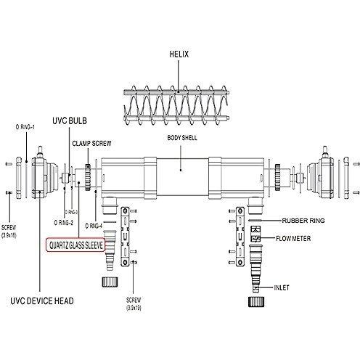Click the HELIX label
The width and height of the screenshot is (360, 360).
[x=179, y=54]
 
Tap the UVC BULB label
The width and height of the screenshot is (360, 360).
[x=70, y=120]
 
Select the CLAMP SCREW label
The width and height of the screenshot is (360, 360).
[x=91, y=144]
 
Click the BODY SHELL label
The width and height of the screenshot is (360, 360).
[x=182, y=138]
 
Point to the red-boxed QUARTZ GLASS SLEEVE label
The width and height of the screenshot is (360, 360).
[x=76, y=245]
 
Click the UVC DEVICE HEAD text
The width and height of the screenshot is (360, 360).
[x=42, y=301]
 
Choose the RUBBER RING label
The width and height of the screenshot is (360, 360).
[x=303, y=221]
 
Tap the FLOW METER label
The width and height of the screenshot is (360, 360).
[x=293, y=239]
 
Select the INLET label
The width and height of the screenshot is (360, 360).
[x=282, y=287]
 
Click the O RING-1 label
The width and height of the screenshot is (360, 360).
[x=25, y=127]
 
